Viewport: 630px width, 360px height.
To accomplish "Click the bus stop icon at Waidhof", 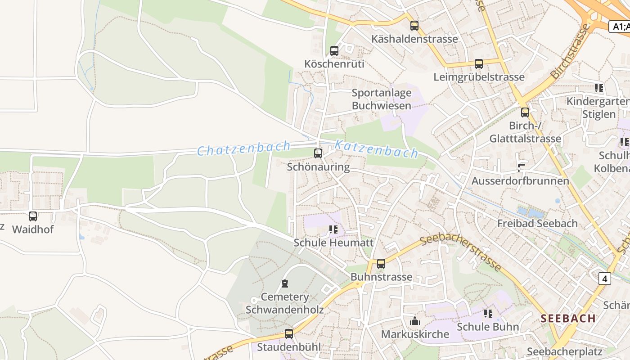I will coord(33,216).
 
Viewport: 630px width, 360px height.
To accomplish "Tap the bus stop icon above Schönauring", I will coord(318,153).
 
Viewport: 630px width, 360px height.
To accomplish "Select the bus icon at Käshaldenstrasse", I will coord(414,26).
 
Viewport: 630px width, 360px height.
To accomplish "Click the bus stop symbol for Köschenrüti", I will coord(334,51).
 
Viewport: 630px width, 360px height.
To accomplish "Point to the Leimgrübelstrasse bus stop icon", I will coord(479,64).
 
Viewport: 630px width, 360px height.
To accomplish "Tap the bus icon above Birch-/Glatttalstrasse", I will coord(525,112).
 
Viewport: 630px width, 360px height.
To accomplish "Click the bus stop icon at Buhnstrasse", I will coord(381,264).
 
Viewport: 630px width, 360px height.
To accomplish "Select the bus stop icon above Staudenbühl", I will coord(289,334).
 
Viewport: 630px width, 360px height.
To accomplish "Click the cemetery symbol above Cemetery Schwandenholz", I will coord(284,283).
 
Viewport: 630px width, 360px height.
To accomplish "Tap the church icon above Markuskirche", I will coord(415,321).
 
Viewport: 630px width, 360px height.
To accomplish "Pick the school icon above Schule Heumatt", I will coord(333,229).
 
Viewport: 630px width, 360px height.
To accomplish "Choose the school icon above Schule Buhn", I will coord(488,313).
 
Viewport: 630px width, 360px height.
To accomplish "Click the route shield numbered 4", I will coord(605,279).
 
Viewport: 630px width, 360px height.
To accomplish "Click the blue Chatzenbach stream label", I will coord(244,148).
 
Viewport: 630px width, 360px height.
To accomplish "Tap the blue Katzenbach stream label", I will coord(377,149).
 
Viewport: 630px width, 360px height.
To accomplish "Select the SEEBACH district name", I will coord(568,318).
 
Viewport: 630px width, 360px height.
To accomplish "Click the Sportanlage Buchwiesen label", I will coord(382,99).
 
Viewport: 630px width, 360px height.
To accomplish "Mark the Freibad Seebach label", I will coord(537,223).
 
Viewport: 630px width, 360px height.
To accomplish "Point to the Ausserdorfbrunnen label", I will coord(520,181).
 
